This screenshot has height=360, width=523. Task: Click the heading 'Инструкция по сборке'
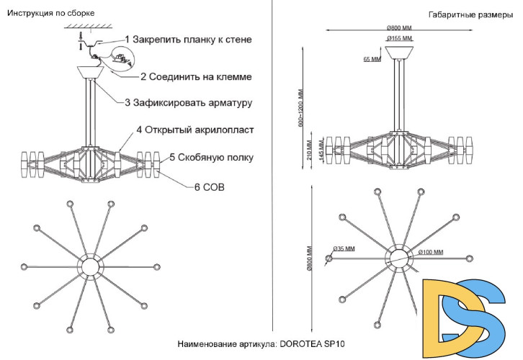pos(50,13)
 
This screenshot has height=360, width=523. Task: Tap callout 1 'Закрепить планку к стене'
pos(189,39)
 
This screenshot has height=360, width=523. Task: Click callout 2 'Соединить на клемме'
pos(196,76)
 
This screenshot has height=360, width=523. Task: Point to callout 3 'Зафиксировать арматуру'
pos(188,103)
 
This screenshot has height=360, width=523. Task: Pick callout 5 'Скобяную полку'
pos(211,156)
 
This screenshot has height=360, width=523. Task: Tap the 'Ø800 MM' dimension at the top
pos(398,27)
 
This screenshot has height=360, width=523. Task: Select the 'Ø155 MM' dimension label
pos(398,37)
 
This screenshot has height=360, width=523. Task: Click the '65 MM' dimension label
pos(372,60)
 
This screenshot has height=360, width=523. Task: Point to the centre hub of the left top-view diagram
pos(91,266)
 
